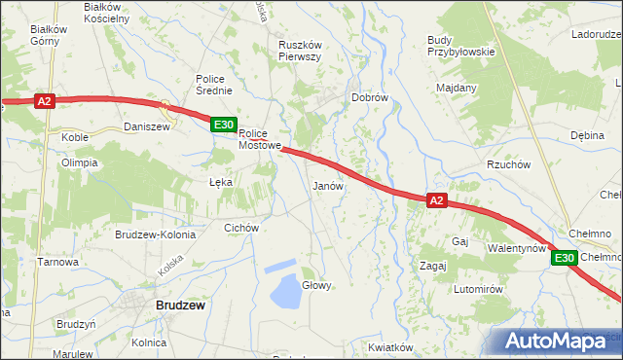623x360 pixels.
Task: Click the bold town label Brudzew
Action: tap(180, 305)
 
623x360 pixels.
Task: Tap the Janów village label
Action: tap(327, 185)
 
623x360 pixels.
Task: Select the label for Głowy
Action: tap(317, 285)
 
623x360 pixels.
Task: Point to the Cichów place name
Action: tap(240, 228)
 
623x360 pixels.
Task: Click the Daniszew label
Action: tap(147, 126)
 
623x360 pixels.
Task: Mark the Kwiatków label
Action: tap(392, 347)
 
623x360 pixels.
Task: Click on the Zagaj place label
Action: tap(432, 265)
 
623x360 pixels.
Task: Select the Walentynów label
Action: tap(516, 248)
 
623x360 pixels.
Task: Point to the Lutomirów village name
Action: tap(477, 290)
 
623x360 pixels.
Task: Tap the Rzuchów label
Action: tap(508, 164)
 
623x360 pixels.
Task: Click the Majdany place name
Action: tap(457, 88)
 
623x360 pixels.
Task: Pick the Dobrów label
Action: tap(370, 98)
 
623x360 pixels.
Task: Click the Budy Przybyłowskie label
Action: tap(461, 46)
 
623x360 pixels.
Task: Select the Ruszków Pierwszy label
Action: tap(300, 50)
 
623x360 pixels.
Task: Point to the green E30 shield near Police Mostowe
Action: tap(223, 125)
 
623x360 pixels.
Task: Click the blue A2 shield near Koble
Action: tap(44, 100)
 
